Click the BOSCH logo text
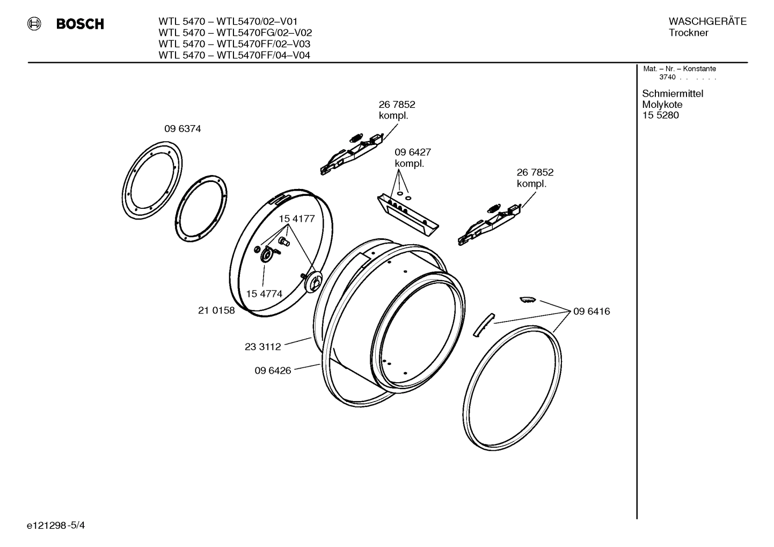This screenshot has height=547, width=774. point(80,24)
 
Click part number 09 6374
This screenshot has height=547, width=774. point(182,129)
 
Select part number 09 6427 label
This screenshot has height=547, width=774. point(412,152)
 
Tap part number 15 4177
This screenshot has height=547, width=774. point(296,219)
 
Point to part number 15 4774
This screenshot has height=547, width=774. point(264,294)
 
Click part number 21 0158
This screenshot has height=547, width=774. point(216,310)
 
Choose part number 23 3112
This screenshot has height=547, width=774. point(262,347)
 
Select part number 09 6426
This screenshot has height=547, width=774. point(273,370)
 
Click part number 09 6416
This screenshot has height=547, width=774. point(591,311)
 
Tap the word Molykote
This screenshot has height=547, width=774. point(662,105)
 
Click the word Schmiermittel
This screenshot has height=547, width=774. point(673,94)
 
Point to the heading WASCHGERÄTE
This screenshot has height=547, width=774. point(707,21)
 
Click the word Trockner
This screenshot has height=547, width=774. point(688,33)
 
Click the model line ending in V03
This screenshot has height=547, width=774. point(234,44)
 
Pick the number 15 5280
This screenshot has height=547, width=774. point(660,115)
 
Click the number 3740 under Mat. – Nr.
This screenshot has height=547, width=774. point(667,77)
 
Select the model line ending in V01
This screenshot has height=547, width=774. point(228,21)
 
